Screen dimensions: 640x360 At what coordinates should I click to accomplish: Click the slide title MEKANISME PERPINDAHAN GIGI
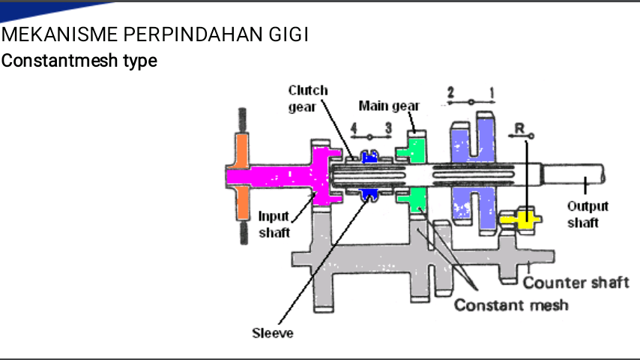click(x=154, y=34)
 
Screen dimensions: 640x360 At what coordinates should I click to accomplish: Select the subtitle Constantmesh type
click(x=79, y=61)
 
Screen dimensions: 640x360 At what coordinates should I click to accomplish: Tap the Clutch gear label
click(x=308, y=98)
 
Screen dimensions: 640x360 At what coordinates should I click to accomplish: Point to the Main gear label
click(x=389, y=106)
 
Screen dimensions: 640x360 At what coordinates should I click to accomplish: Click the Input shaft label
click(x=274, y=224)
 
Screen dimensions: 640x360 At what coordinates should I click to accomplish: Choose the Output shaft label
click(x=588, y=214)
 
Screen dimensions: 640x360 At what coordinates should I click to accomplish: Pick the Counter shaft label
click(x=576, y=282)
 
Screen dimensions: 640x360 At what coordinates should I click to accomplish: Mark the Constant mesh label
click(x=511, y=304)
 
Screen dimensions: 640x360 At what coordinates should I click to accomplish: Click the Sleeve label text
click(x=273, y=333)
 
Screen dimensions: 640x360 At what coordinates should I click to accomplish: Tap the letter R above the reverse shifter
click(x=519, y=129)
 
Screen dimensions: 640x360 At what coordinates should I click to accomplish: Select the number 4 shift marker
click(x=354, y=128)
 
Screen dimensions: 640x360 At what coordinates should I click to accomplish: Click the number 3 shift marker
click(x=388, y=128)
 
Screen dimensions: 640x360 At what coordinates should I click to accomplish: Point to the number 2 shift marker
click(x=450, y=92)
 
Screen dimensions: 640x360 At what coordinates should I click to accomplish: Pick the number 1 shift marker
click(x=492, y=93)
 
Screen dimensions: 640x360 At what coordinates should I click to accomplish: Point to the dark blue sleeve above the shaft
click(x=369, y=157)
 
